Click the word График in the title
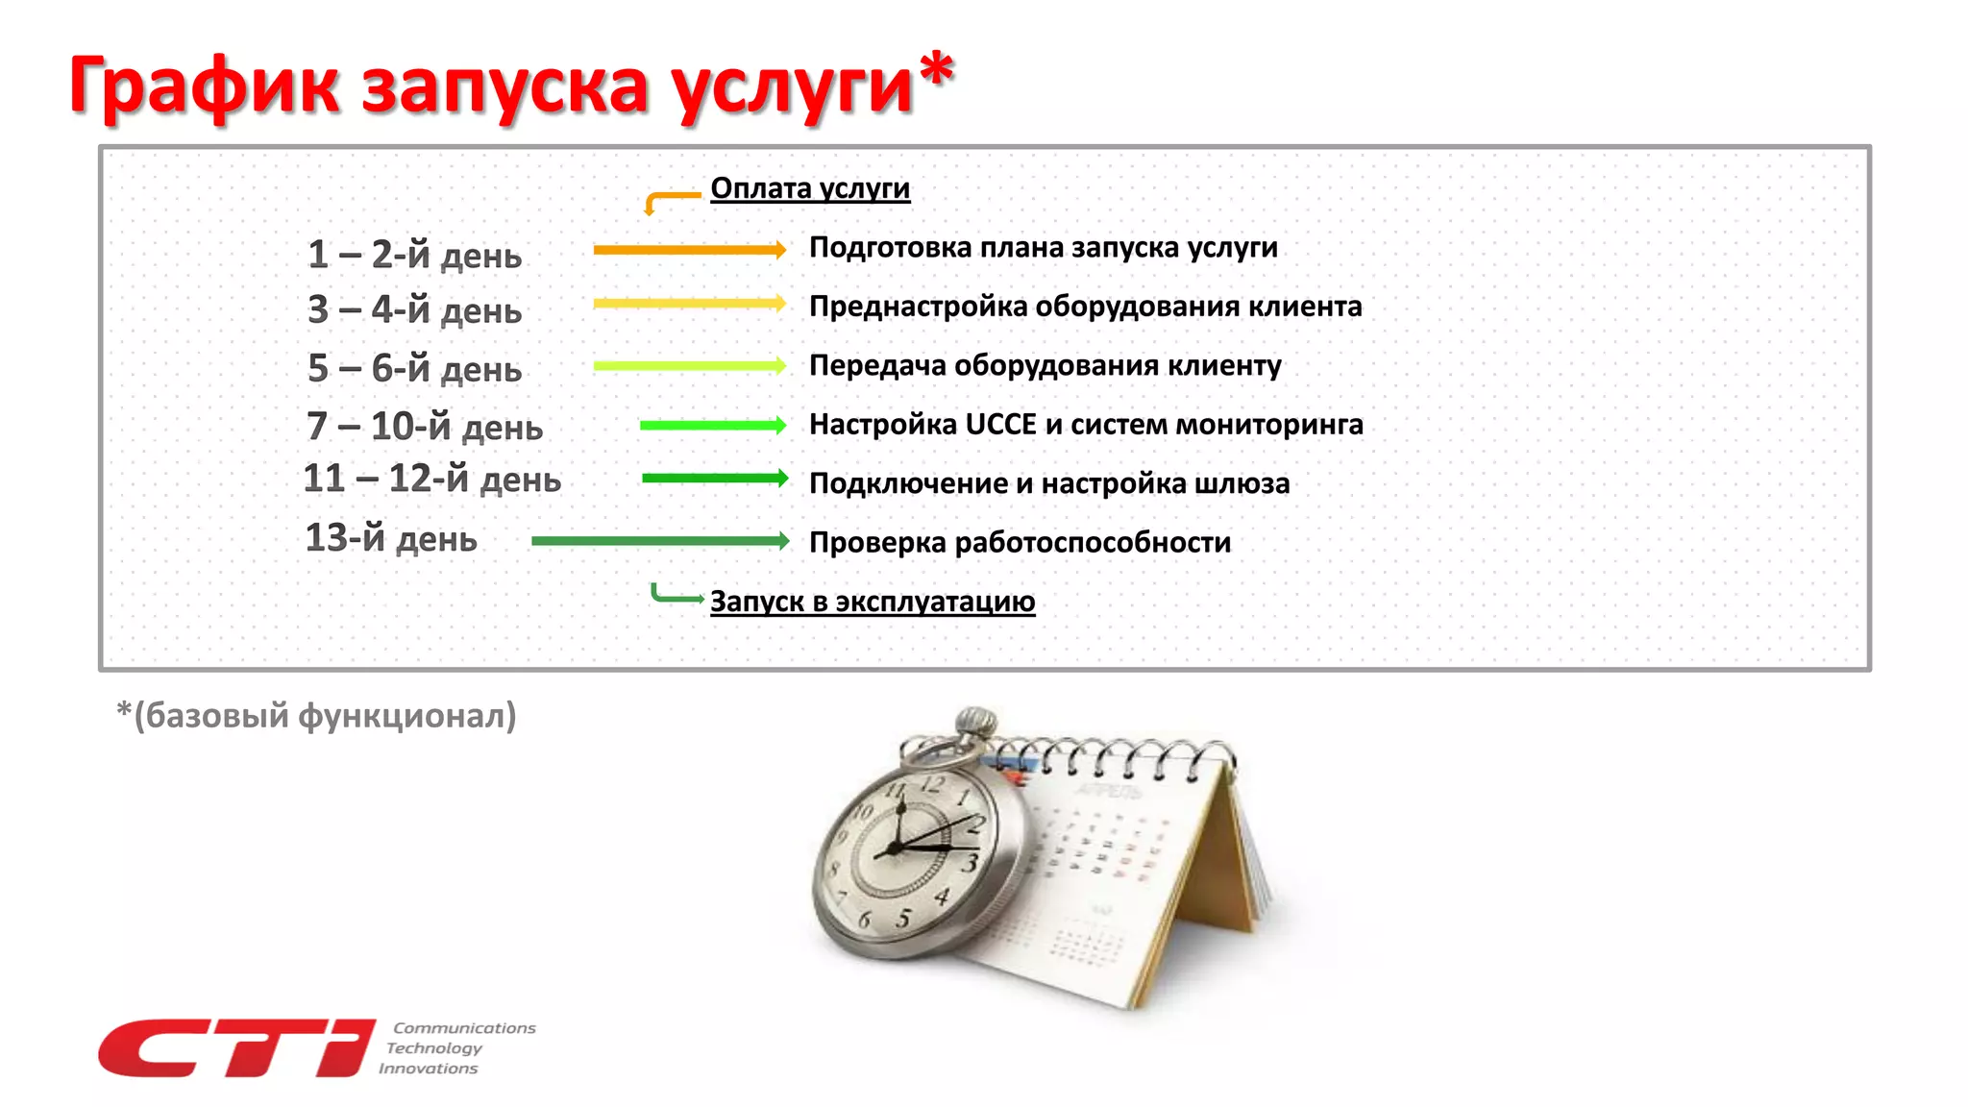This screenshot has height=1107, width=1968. (204, 86)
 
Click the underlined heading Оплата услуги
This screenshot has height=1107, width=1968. (809, 188)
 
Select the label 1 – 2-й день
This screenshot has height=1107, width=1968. (414, 255)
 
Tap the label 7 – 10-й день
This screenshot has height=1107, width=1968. (425, 426)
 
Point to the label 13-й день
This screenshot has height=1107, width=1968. (390, 538)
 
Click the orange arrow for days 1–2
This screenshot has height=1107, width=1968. (689, 250)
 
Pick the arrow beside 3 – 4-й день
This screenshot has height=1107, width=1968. (689, 304)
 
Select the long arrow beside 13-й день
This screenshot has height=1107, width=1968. (660, 541)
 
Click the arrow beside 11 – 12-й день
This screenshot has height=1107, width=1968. (714, 479)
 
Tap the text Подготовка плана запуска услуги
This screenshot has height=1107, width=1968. (1043, 248)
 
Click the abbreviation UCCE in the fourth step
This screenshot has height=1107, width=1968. (1000, 425)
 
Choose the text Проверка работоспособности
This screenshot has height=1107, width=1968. (1020, 543)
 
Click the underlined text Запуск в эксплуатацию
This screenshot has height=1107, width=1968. (872, 602)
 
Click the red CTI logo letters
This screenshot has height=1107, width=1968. (235, 1047)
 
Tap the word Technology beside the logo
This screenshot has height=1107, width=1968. (434, 1048)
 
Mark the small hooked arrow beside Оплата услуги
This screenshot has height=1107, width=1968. (670, 200)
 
